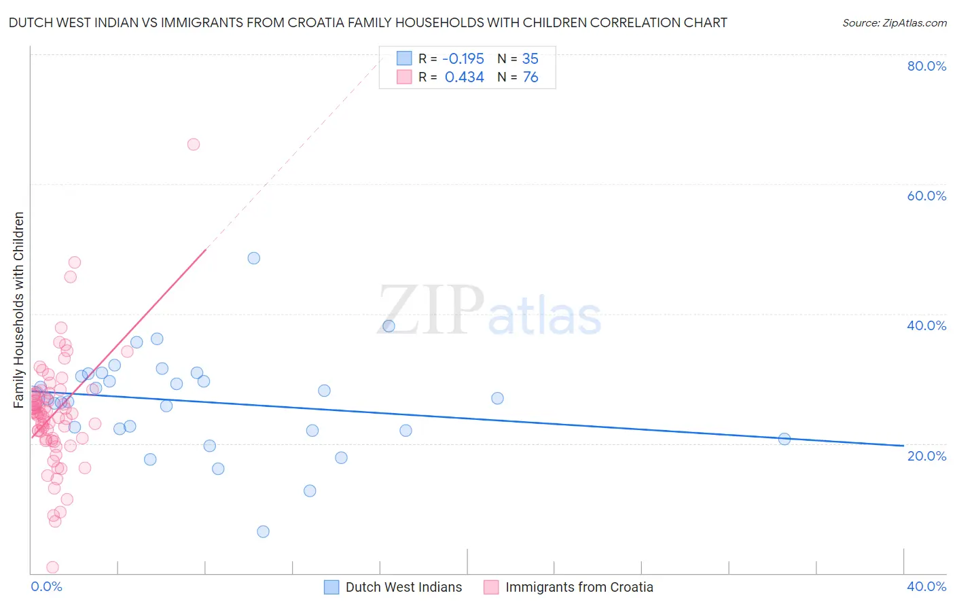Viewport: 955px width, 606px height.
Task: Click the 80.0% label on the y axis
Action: coord(926,66)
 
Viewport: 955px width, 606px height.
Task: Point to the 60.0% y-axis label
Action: coord(926,196)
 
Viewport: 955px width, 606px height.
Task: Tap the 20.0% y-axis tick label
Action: coord(926,455)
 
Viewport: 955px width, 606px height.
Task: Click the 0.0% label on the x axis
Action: coord(47,586)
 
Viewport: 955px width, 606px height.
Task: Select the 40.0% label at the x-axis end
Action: coord(926,586)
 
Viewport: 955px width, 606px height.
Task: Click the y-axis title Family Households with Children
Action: coord(18,310)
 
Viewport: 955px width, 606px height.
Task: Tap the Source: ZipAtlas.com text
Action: coord(894,22)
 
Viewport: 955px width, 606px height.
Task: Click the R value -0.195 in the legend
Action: coord(464,58)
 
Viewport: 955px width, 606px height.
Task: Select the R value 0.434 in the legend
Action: coord(464,77)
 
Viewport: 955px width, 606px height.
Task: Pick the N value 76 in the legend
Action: coord(530,77)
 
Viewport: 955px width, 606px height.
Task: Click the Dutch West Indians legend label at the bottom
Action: coord(403,587)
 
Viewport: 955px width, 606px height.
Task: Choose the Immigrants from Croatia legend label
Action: coord(579,587)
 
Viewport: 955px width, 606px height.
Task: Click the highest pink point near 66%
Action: coord(194,144)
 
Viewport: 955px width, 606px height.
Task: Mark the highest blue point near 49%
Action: coord(254,258)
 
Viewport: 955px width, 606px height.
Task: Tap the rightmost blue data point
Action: coord(785,439)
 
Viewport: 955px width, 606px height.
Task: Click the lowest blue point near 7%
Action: coord(264,531)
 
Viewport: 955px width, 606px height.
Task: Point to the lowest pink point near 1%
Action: coord(52,567)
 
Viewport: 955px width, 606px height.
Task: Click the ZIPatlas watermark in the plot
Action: coord(489,311)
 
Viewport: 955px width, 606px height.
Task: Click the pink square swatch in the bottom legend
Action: coord(490,587)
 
